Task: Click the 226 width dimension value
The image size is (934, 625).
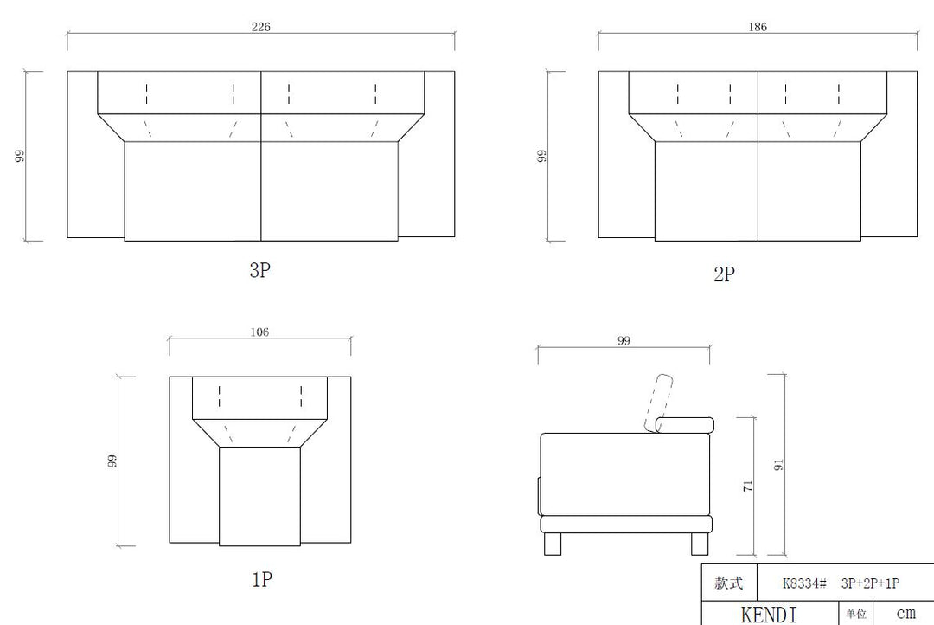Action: (x=261, y=27)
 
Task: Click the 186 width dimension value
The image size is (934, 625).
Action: (x=758, y=27)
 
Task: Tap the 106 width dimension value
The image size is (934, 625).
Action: (x=259, y=332)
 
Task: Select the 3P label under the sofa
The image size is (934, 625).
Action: (x=259, y=270)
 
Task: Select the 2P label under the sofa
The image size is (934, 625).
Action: (x=725, y=274)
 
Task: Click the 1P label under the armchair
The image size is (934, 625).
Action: (x=262, y=579)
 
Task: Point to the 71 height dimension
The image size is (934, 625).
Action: (x=748, y=486)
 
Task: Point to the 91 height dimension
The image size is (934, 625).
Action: (x=778, y=465)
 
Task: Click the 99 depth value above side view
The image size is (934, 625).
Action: (x=624, y=341)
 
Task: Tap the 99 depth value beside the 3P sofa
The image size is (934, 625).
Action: (x=20, y=156)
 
